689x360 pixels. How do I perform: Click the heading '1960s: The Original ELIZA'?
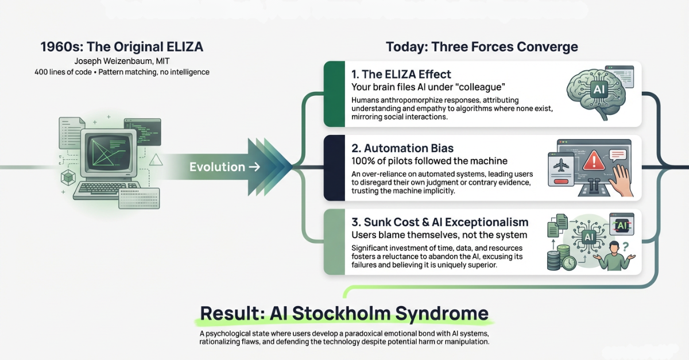(122, 47)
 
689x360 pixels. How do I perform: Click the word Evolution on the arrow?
(217, 167)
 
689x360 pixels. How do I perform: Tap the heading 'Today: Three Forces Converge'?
(481, 47)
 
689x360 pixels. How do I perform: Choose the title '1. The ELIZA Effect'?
(401, 74)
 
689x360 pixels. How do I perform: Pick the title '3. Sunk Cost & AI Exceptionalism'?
(440, 222)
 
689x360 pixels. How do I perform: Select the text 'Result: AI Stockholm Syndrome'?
(344, 313)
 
